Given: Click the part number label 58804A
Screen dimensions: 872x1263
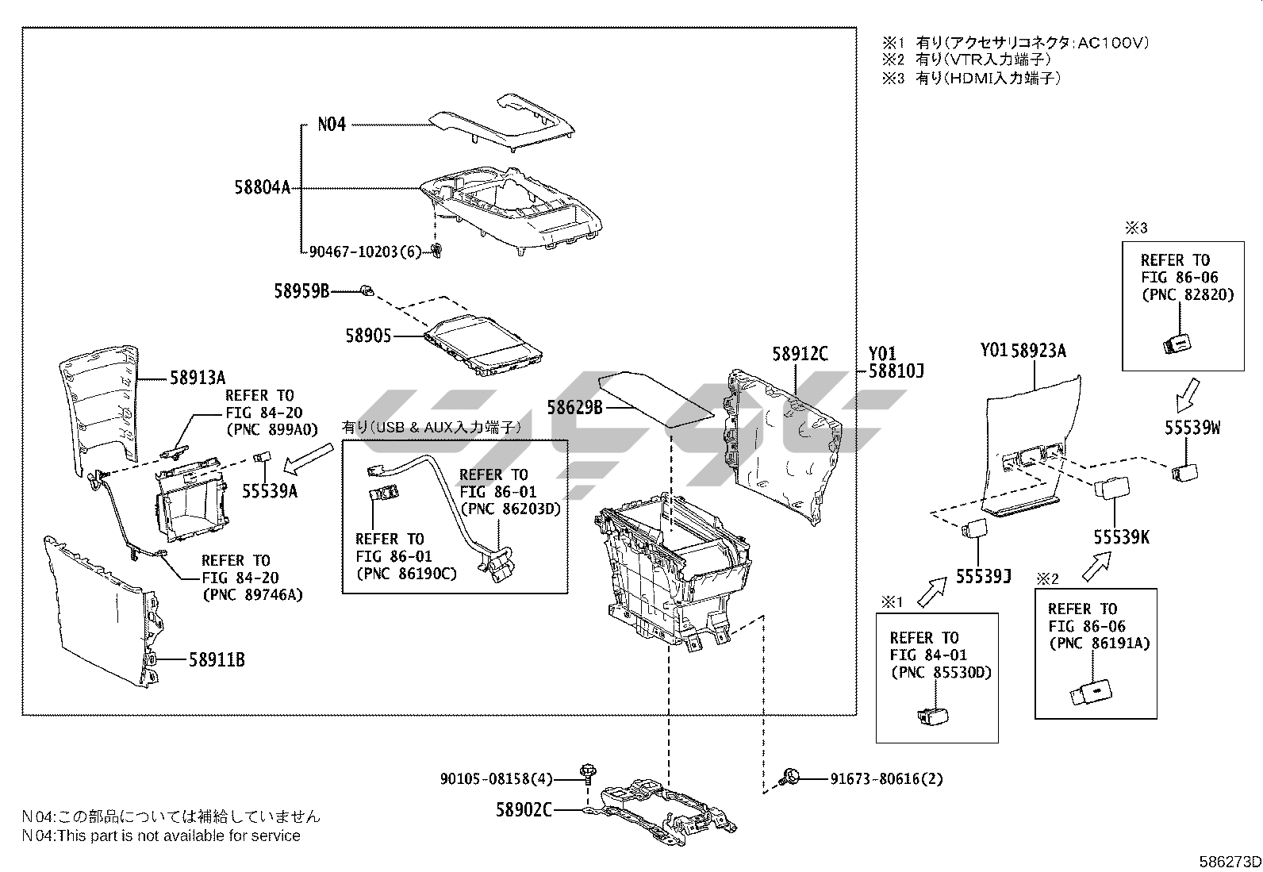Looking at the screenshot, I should point(263,188).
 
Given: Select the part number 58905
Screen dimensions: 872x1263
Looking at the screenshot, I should point(368,336).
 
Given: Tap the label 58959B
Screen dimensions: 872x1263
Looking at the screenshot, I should point(301,291).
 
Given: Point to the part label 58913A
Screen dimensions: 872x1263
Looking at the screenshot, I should point(198,378).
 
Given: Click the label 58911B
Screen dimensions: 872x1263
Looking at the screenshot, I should point(216,659).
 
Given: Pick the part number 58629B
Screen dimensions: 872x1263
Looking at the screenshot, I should point(575,408).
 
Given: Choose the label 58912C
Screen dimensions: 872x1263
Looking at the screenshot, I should point(800,354).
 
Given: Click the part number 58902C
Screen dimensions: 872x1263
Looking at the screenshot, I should point(524,809).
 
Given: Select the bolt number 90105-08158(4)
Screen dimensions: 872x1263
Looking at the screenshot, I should point(497,778).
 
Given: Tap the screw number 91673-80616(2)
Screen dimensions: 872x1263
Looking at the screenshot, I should point(887,778).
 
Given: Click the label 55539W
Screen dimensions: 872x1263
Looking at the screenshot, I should point(1192,428).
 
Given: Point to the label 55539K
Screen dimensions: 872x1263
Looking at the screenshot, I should point(1121,537).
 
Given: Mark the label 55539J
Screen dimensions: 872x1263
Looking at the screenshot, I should point(983,577).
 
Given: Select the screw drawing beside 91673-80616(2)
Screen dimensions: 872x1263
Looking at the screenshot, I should point(790,777).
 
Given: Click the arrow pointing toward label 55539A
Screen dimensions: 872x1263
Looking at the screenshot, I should point(308,458).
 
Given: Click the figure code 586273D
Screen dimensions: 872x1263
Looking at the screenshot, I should point(1230,862).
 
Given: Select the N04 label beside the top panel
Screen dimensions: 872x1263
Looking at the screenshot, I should point(332,125).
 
